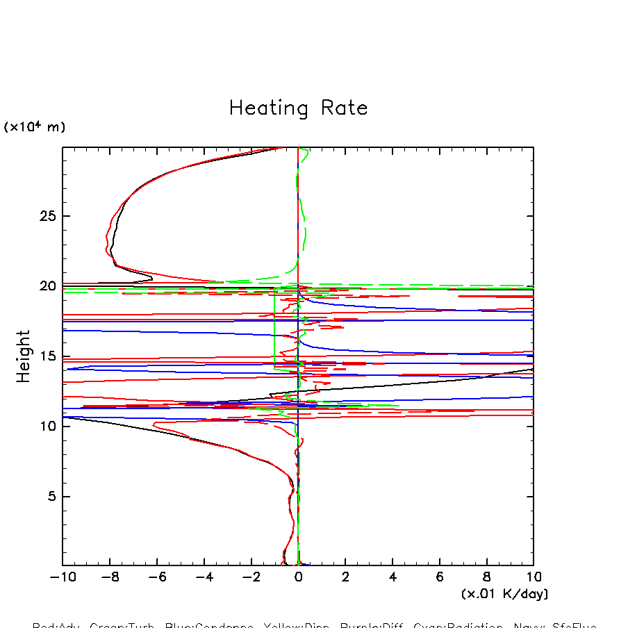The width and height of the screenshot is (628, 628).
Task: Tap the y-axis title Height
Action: coord(24,356)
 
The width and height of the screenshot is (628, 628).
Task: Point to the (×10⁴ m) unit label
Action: coord(35,127)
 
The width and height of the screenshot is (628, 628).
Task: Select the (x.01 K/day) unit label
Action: coord(504,594)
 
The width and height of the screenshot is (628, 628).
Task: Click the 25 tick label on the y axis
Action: coord(45,216)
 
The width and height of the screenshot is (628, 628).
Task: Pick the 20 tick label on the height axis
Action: coord(45,286)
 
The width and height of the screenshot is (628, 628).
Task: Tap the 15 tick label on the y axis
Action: coord(45,357)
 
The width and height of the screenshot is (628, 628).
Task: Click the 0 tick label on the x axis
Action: coord(298,577)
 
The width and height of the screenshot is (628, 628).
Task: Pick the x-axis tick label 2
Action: coord(345,577)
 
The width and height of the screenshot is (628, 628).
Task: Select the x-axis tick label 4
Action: coord(392,577)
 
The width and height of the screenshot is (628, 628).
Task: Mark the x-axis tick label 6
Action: coord(440,577)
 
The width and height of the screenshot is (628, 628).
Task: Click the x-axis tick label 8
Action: coord(486,577)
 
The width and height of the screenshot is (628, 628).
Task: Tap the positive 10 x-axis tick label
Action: coord(533,577)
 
